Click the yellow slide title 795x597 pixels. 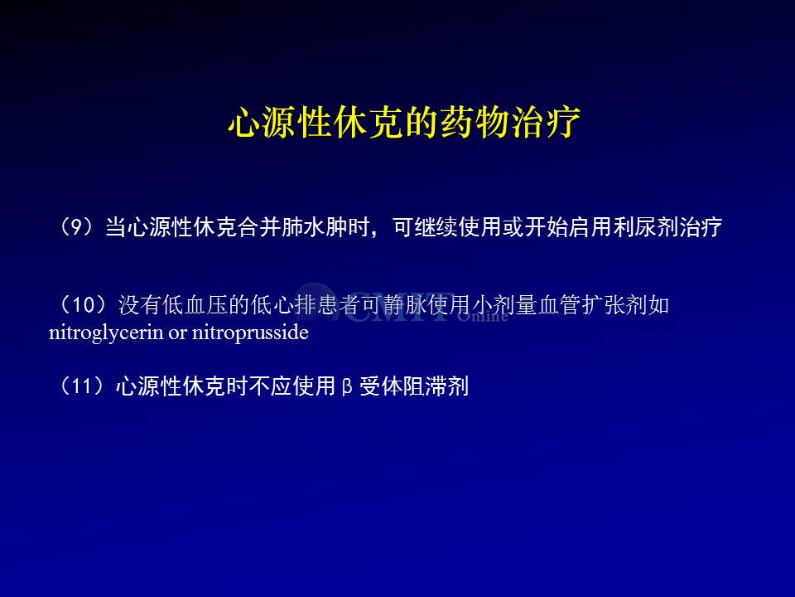[x=404, y=123]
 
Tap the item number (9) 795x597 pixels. [x=77, y=227]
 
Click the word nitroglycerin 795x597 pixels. [x=106, y=333]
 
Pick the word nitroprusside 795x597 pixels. [x=250, y=332]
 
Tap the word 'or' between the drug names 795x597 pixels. [x=177, y=333]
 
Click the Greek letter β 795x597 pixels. [x=347, y=387]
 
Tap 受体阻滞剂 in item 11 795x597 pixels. [x=414, y=386]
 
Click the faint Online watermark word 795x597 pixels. [x=482, y=316]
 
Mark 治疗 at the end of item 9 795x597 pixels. [x=701, y=227]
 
